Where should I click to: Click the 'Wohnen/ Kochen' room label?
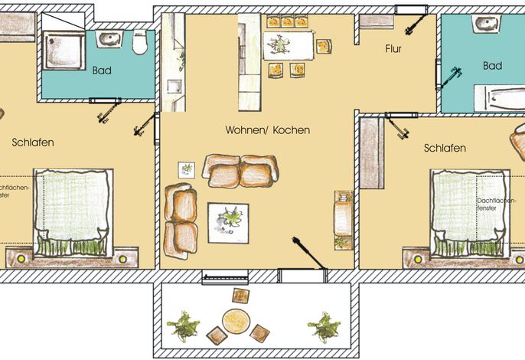(x=268, y=129)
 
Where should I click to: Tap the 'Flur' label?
(x=393, y=49)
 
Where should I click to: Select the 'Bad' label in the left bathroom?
(x=102, y=70)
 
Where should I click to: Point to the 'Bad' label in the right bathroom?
(x=492, y=65)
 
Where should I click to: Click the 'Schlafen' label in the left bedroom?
(x=33, y=142)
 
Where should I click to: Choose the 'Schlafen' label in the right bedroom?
(x=445, y=148)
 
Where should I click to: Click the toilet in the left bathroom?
(x=139, y=42)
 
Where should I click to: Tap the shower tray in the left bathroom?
(x=64, y=51)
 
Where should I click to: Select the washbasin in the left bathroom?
(x=109, y=38)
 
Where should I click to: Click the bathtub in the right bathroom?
(x=500, y=98)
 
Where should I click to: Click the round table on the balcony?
(x=236, y=321)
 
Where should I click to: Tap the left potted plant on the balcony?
(x=184, y=326)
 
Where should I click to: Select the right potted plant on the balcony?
(x=324, y=327)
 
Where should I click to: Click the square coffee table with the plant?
(x=228, y=223)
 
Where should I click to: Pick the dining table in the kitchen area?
(x=289, y=45)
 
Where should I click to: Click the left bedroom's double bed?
(x=73, y=213)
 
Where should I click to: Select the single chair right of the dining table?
(x=324, y=46)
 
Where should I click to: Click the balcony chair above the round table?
(x=241, y=296)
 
